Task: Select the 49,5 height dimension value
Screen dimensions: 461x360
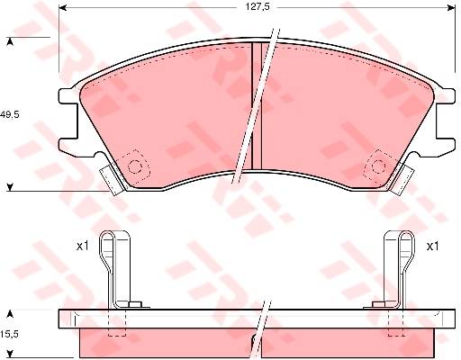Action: point(9,114)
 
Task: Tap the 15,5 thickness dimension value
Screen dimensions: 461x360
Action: point(9,334)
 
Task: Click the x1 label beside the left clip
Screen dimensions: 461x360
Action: point(83,247)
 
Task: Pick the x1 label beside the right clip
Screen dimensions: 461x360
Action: point(433,247)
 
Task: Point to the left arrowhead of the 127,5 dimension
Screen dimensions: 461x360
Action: point(62,8)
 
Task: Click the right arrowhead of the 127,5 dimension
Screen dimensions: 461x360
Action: point(451,8)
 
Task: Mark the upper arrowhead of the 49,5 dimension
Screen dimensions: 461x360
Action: point(10,41)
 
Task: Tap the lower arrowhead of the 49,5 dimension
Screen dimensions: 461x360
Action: point(10,187)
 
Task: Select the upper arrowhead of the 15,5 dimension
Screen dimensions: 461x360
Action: point(10,314)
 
